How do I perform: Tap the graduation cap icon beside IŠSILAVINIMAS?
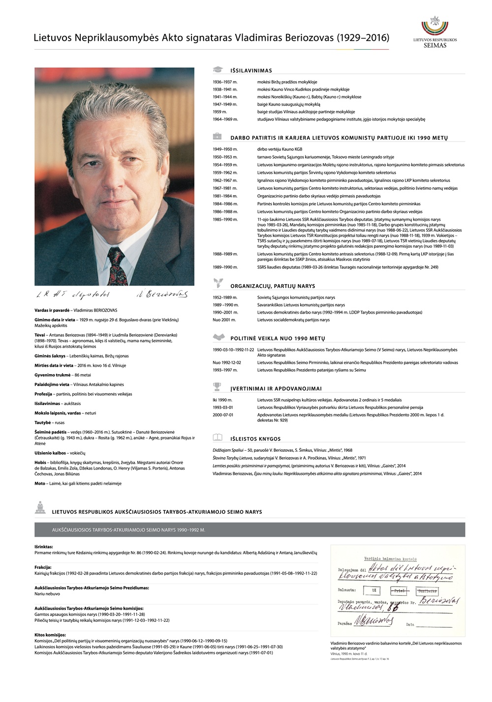(x=218, y=70)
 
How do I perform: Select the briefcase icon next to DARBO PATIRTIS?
(x=217, y=137)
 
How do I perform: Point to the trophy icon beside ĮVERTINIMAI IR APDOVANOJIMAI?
(x=217, y=387)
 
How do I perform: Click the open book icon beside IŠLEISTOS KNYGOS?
(x=217, y=438)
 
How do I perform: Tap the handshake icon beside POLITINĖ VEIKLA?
(x=218, y=337)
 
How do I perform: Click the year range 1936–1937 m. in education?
(x=225, y=82)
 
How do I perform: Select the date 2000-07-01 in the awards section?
(x=223, y=415)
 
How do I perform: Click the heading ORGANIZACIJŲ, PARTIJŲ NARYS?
(x=273, y=286)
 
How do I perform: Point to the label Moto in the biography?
(x=40, y=483)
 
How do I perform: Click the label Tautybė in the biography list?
(x=43, y=422)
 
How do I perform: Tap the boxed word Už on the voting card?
(x=374, y=590)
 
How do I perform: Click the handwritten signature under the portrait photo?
(x=162, y=294)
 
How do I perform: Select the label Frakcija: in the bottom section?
(x=43, y=567)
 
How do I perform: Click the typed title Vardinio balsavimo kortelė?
(x=390, y=559)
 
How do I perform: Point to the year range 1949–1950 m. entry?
(x=225, y=149)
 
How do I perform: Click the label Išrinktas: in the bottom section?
(x=44, y=547)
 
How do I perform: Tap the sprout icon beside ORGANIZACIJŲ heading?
(x=217, y=284)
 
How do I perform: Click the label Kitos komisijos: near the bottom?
(x=50, y=635)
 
